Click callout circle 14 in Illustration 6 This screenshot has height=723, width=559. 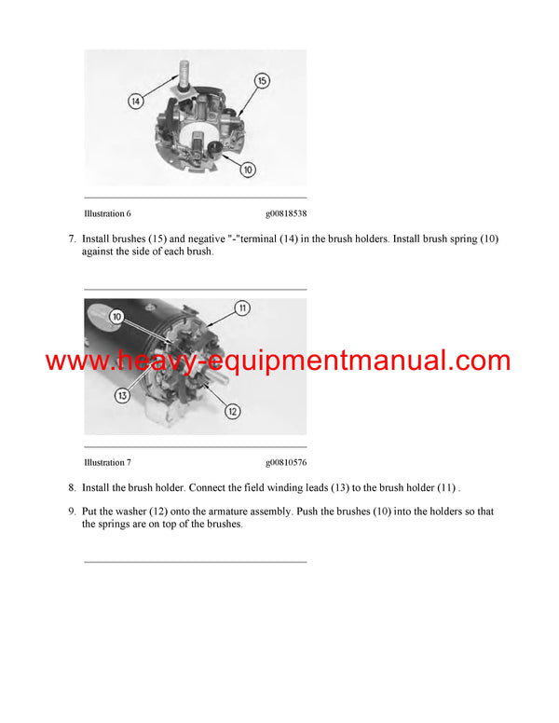point(136,101)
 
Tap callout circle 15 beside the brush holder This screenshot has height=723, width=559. point(262,81)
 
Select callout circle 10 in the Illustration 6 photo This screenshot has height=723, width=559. point(249,171)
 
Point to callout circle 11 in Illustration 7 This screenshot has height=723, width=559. point(241,308)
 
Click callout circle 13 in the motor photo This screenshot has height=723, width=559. point(121,396)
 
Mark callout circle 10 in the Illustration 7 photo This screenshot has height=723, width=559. point(117,317)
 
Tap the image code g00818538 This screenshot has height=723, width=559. point(286,213)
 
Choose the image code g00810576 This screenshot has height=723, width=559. point(286,462)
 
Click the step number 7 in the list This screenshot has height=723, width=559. point(72,239)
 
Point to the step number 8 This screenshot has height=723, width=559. point(72,487)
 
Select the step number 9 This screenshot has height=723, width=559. point(72,512)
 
